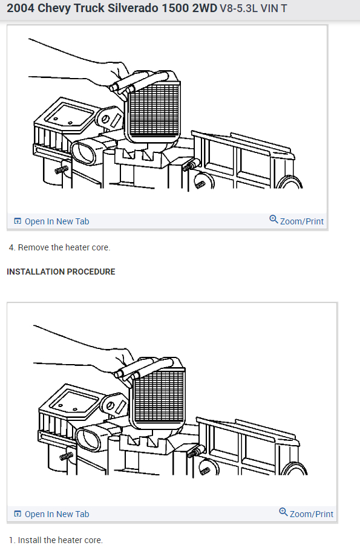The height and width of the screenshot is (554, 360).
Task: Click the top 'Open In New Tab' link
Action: tap(56, 221)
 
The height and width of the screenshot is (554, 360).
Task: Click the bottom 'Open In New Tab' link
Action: tap(56, 514)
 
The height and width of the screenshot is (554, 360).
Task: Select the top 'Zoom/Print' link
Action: tap(301, 221)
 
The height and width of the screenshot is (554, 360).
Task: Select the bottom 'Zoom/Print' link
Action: tap(311, 514)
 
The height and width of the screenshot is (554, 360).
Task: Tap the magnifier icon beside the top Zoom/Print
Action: tap(273, 220)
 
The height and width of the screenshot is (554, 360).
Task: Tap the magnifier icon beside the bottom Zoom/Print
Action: tap(283, 512)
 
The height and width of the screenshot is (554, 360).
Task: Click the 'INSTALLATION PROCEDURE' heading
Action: tap(61, 272)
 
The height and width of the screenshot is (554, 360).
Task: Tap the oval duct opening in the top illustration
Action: tap(83, 151)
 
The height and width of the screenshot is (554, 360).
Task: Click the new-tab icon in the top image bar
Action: tap(17, 221)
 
